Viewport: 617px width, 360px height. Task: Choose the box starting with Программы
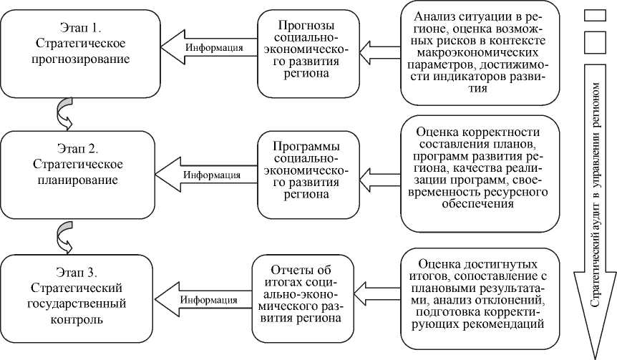(307, 174)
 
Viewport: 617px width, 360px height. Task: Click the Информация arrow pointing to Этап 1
(208, 49)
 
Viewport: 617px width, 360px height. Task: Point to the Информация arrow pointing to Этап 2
(206, 174)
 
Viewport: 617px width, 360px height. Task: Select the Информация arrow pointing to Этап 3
(203, 298)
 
